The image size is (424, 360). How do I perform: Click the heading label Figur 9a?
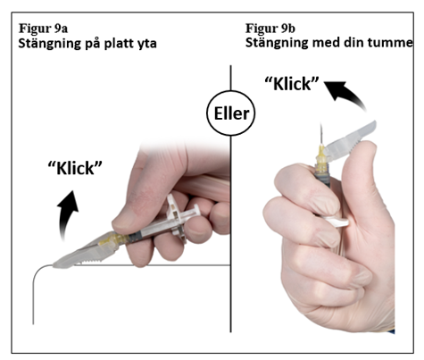[x=43, y=29]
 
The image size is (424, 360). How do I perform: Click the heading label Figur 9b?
[x=270, y=29]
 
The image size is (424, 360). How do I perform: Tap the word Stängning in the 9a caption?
[x=50, y=44]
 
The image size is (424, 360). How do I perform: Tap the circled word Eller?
[x=231, y=113]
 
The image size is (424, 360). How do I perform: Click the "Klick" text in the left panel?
[x=75, y=168]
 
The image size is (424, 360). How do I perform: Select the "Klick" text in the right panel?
[x=292, y=84]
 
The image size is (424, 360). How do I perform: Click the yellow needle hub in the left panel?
[x=107, y=240]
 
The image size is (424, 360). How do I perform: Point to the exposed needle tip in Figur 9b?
[x=320, y=124]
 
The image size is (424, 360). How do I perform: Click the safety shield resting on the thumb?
[x=350, y=141]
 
